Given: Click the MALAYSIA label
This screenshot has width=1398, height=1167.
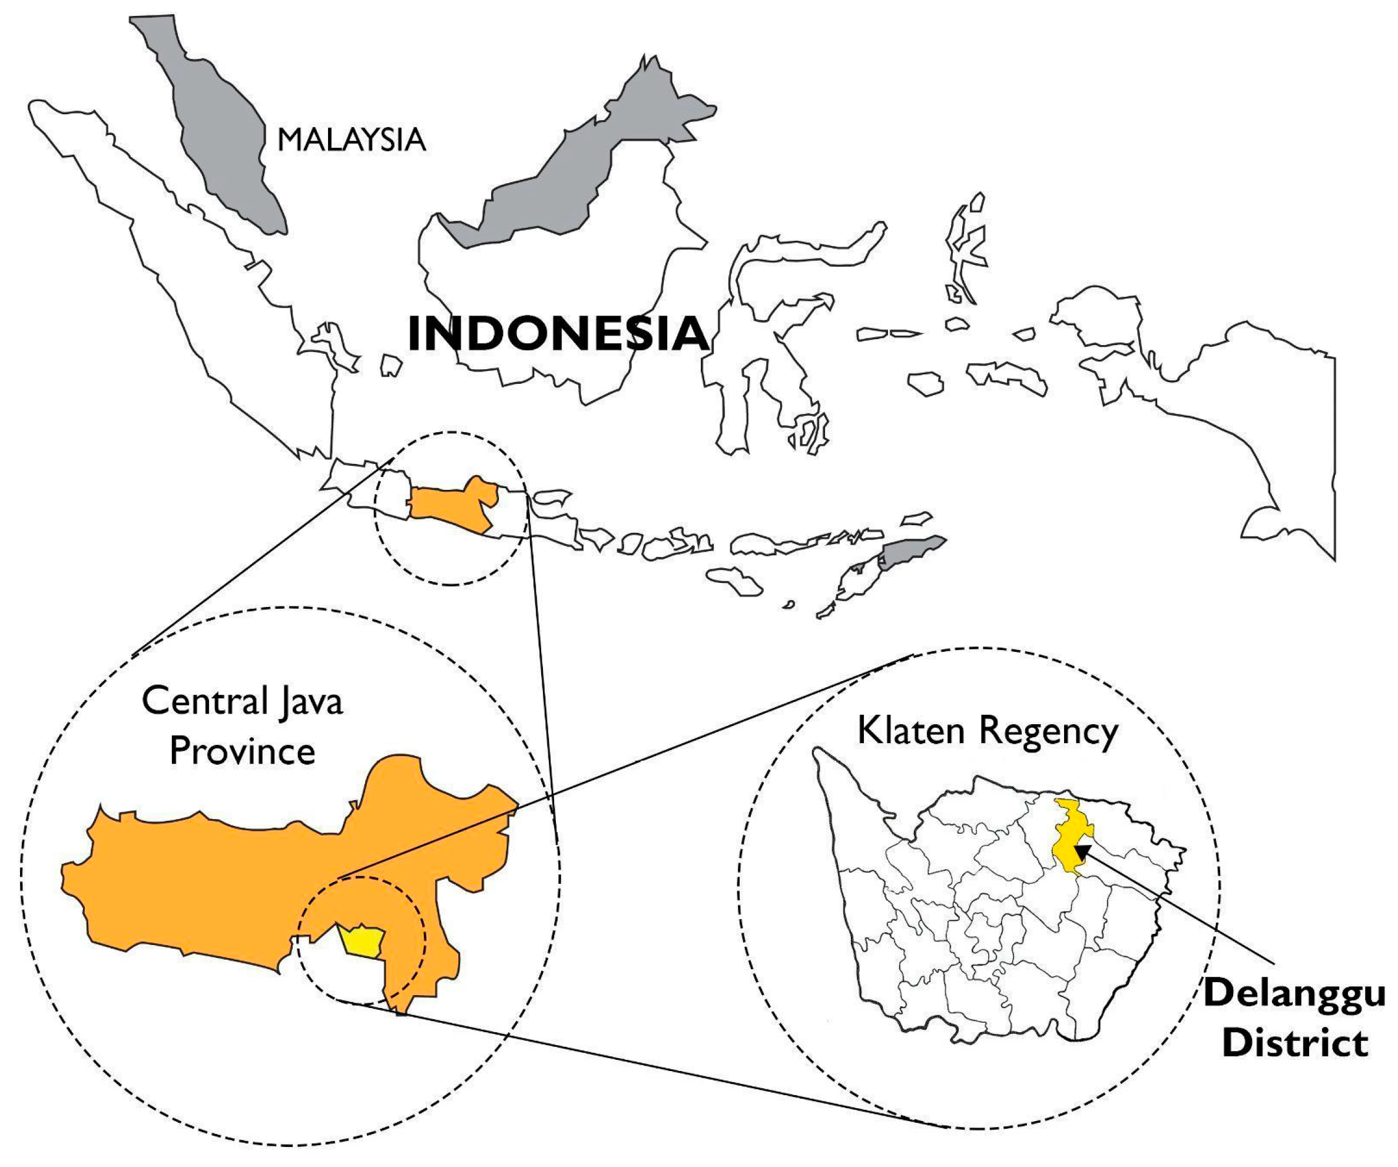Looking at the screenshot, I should [x=351, y=140].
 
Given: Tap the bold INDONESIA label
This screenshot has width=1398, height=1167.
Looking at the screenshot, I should [x=557, y=334].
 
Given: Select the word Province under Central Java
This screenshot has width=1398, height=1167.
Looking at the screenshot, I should [x=242, y=751].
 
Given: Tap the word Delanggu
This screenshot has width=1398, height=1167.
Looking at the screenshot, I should [x=1294, y=993].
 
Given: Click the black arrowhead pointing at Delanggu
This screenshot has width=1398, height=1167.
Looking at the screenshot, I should [x=1083, y=851].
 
